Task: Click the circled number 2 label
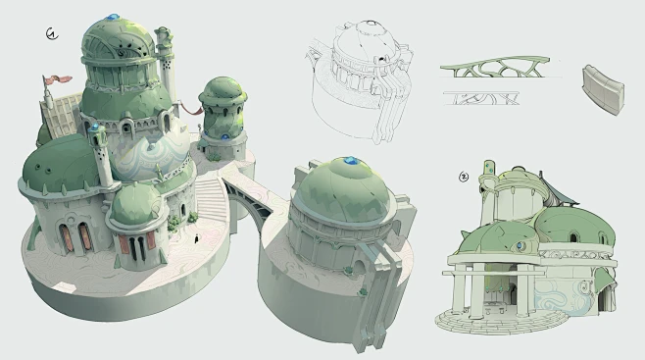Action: [x=464, y=178]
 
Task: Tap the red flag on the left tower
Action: [x=60, y=78]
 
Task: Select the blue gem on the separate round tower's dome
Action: [x=350, y=161]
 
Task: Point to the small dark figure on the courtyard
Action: [x=199, y=238]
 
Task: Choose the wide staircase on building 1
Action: [x=213, y=202]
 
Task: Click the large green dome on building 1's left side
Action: [x=62, y=162]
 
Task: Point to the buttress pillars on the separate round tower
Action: [x=378, y=280]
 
